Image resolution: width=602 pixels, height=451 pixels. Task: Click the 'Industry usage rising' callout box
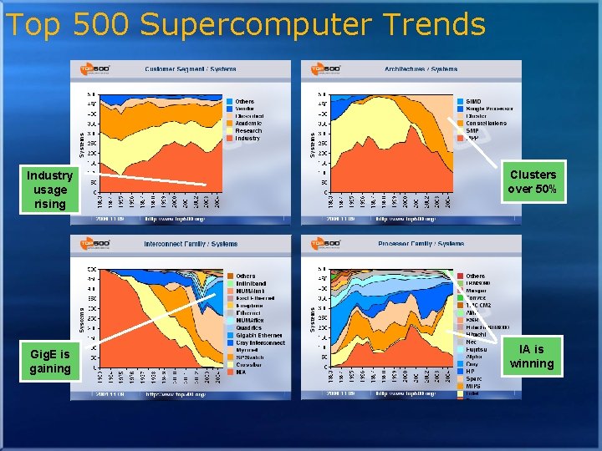49,190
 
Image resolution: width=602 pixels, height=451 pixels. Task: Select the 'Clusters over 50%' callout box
533,182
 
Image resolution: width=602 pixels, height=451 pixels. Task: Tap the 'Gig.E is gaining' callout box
49,361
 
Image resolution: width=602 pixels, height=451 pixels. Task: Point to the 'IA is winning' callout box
532,357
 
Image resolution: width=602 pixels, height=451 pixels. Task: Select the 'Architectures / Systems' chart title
421,68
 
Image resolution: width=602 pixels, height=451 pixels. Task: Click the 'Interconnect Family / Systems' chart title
191,244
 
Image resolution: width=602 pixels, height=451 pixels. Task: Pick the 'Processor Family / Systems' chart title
420,244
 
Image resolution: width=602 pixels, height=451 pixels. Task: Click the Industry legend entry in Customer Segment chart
247,138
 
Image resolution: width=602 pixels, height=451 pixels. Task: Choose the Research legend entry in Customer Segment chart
248,130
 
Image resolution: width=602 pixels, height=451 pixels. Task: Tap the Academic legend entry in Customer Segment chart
249,123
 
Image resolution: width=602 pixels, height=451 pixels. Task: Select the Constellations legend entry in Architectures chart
486,123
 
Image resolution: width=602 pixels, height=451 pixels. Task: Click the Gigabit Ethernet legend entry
259,335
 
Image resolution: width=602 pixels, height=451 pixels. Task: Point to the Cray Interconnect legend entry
260,342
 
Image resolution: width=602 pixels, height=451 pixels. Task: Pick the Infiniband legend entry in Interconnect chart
252,283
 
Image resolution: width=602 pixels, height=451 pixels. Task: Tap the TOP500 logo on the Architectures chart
326,68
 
